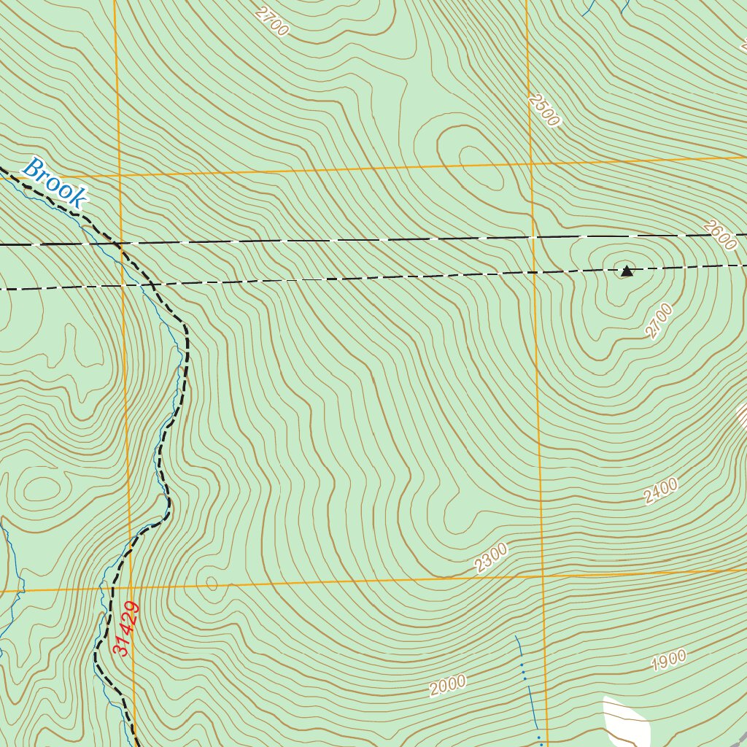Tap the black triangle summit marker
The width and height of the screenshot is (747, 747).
coord(627,271)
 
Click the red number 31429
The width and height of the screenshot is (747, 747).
coord(126,627)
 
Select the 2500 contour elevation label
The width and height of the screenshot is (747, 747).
coord(545,110)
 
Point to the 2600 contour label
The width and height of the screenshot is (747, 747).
coord(721,236)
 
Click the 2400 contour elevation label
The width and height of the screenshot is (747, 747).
coord(661,491)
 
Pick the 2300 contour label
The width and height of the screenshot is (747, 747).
coord(490,557)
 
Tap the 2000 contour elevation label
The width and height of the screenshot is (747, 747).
coord(447,685)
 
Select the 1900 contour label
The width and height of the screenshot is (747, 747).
coord(668,660)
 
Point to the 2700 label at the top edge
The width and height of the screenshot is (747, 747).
coord(273,21)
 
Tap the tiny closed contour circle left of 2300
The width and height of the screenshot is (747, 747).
coord(212,583)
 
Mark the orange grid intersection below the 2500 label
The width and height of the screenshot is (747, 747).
coord(531,165)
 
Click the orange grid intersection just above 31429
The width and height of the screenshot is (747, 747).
coord(129,588)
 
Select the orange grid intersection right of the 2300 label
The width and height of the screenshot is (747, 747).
coord(543,576)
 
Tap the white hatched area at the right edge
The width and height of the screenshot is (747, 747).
coord(742,417)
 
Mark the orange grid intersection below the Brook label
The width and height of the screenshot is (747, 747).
coord(118,176)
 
